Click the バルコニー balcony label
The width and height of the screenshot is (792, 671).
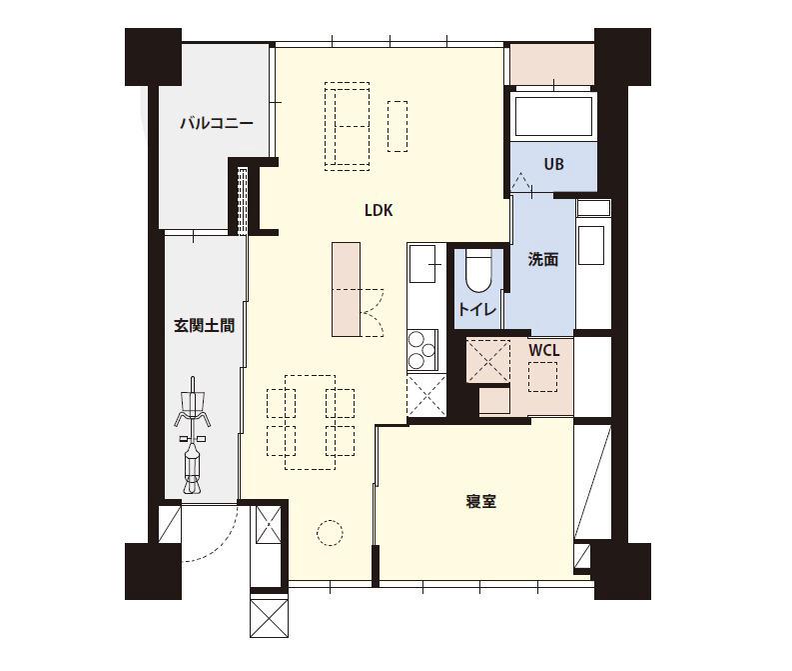216,124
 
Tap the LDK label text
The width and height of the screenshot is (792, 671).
379,211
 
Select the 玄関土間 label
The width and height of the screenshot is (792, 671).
205,326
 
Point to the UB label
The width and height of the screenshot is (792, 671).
553,164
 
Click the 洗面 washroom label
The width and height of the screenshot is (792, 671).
542,260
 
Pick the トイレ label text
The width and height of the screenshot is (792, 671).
476,310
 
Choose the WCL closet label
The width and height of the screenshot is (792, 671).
543,351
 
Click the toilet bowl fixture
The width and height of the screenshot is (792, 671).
478,269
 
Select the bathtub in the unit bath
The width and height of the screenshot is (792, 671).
553,116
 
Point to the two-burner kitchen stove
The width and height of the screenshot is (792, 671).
420,349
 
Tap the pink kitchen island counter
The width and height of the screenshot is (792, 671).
346,289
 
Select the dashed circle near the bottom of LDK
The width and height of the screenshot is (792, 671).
330,533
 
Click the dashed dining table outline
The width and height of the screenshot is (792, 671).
310,422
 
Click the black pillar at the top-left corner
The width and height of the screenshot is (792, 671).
153,57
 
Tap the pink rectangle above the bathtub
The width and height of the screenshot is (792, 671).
551,65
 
